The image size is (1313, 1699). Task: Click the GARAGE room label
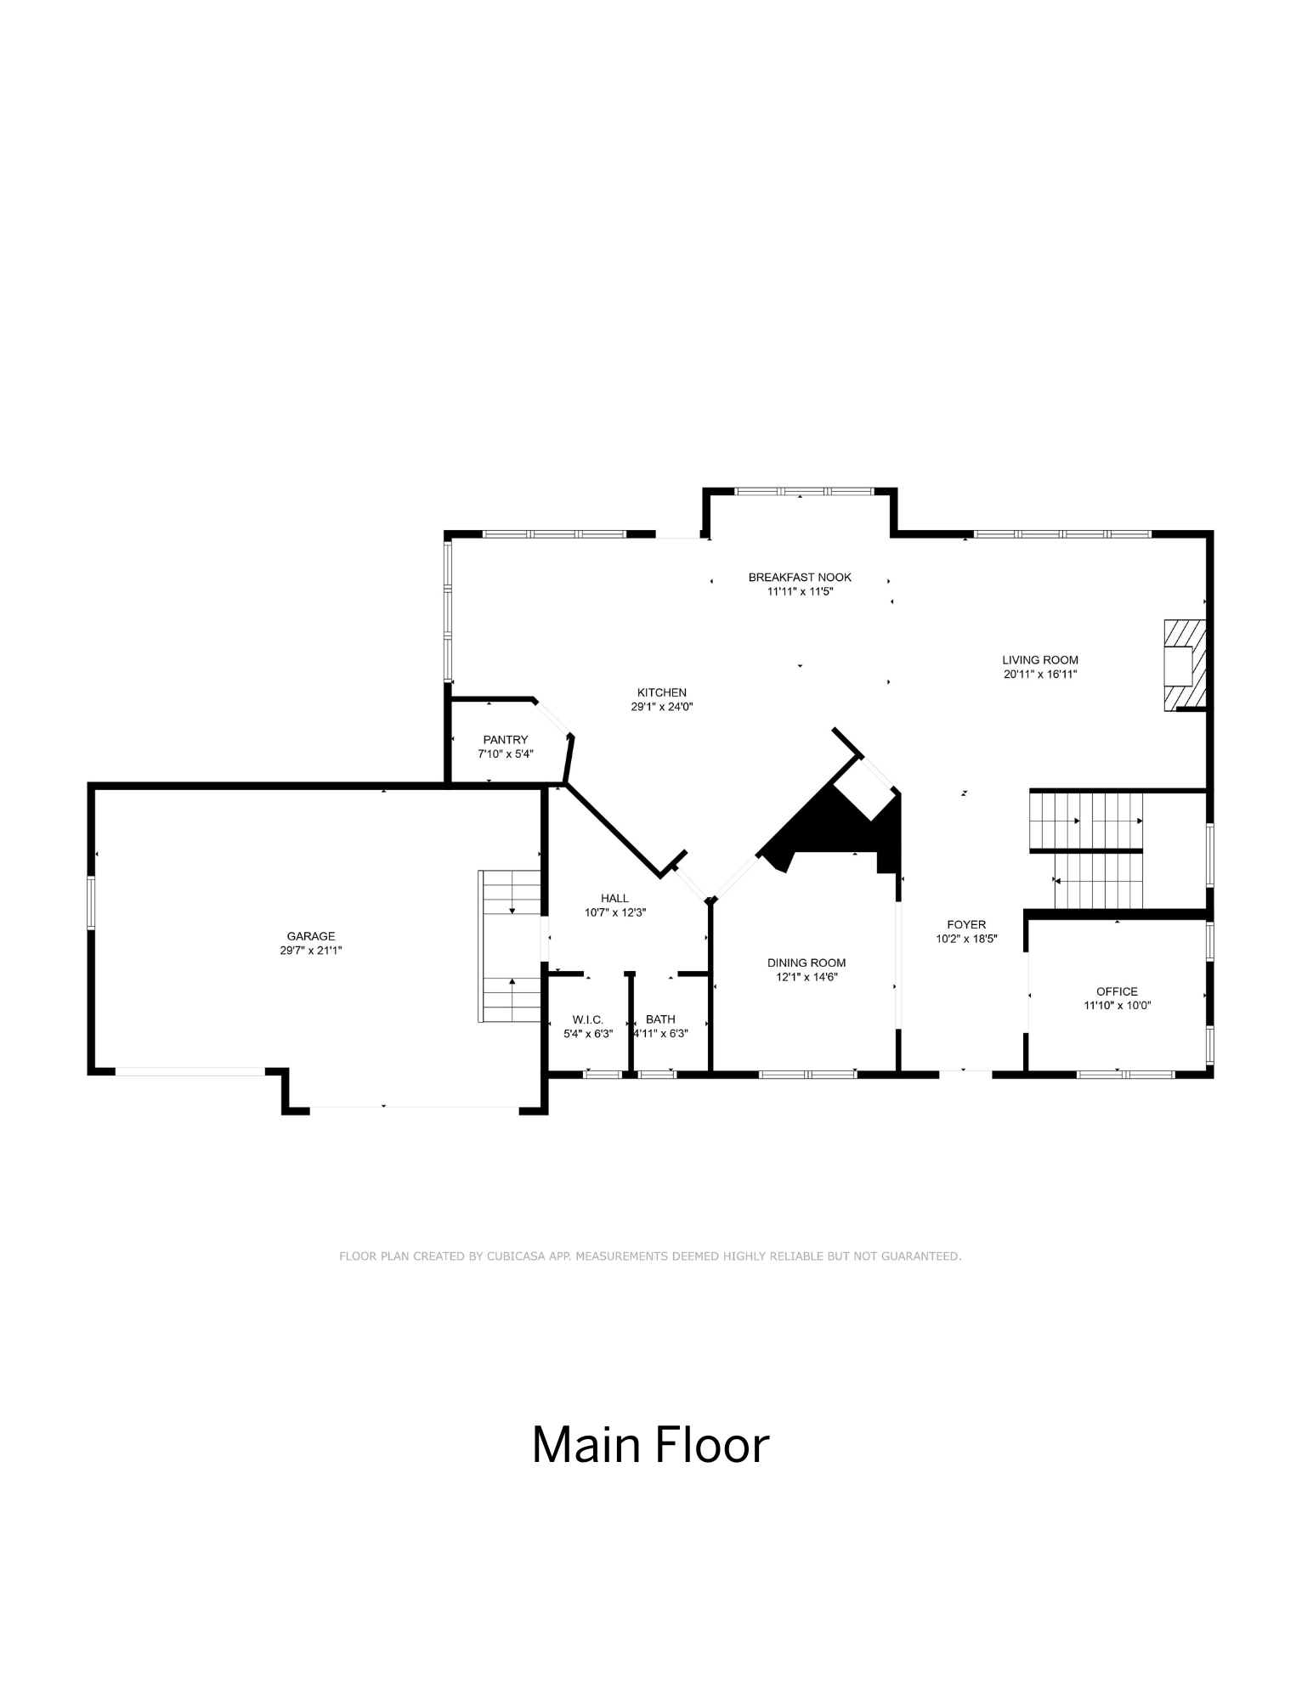pyautogui.click(x=310, y=936)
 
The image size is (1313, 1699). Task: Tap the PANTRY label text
pyautogui.click(x=506, y=740)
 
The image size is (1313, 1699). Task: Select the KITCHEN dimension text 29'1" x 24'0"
pyautogui.click(x=661, y=707)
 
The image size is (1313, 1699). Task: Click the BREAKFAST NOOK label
pyautogui.click(x=799, y=578)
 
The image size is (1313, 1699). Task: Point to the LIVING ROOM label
pyautogui.click(x=1039, y=660)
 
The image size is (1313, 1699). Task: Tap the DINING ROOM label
pyautogui.click(x=806, y=962)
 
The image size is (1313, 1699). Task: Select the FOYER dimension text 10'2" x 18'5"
pyautogui.click(x=966, y=939)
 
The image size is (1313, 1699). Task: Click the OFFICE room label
pyautogui.click(x=1116, y=991)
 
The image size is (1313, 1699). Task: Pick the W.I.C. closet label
pyautogui.click(x=587, y=1019)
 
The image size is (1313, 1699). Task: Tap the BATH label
pyautogui.click(x=660, y=1019)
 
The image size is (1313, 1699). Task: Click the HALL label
pyautogui.click(x=614, y=898)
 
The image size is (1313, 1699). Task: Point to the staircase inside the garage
pyautogui.click(x=511, y=945)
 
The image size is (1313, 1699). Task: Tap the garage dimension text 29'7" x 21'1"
pyautogui.click(x=310, y=951)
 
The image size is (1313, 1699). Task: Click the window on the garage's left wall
pyautogui.click(x=91, y=903)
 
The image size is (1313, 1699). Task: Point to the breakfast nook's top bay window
pyautogui.click(x=803, y=491)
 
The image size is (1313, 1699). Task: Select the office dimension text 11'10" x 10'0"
pyautogui.click(x=1116, y=1006)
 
